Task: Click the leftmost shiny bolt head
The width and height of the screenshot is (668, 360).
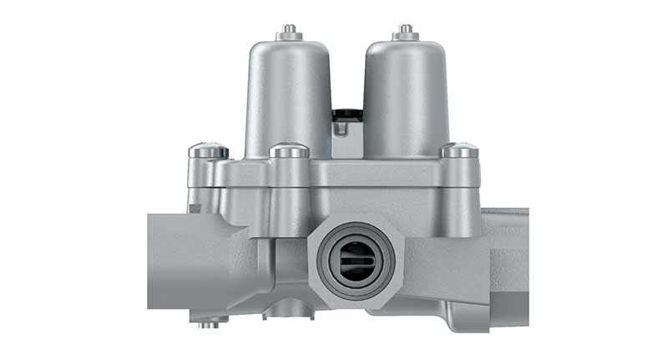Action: coord(208,151)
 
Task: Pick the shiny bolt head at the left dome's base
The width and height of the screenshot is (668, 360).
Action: coord(289,151)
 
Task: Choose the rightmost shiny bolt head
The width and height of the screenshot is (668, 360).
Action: coord(460,151)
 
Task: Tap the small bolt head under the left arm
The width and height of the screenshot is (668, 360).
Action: coord(207,322)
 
